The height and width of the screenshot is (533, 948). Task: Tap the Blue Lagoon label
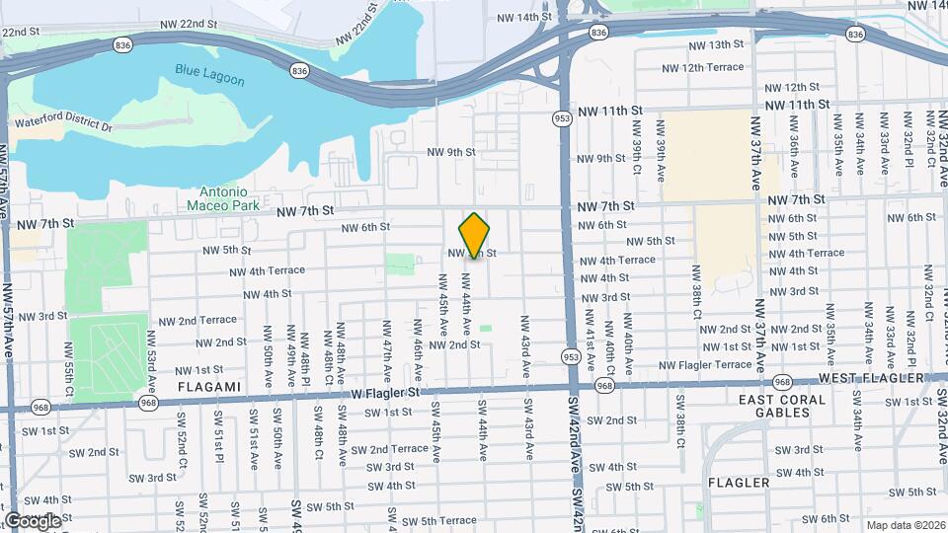pos(209,74)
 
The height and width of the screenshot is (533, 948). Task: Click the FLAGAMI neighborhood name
pos(209,387)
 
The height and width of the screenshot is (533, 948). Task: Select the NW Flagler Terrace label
pos(705,364)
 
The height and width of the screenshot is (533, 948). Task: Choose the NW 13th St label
pos(716,45)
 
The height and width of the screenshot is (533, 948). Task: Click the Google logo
pos(34,520)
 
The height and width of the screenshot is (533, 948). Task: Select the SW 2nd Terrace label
pos(390,448)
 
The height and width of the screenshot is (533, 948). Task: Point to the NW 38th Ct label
pos(696,314)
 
